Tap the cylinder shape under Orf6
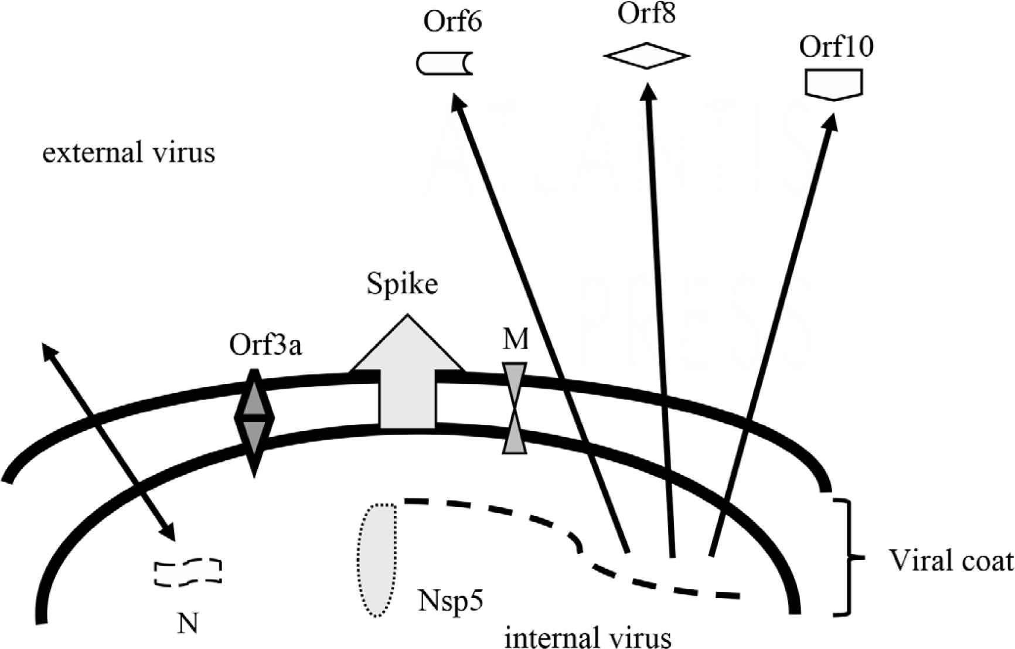444,64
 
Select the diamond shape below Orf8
646,56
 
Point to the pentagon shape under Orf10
833,84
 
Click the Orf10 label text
836,47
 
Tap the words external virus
129,153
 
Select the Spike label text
402,284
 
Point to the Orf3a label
265,346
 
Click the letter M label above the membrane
516,339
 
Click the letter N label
188,624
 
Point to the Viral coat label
951,561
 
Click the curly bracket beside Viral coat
847,557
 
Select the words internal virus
587,637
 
